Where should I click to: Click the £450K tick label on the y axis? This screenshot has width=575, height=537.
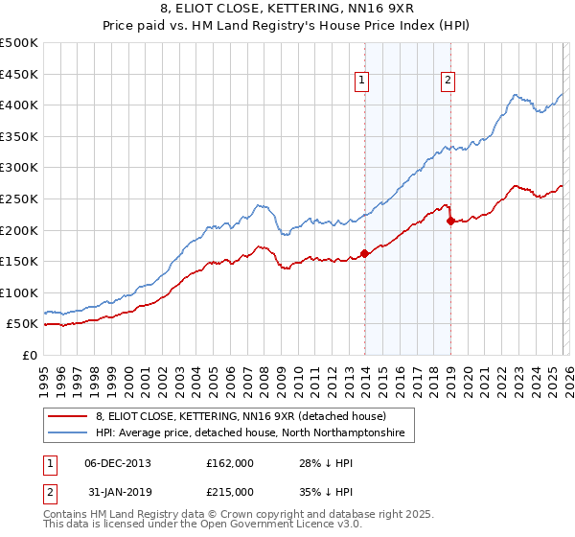19,74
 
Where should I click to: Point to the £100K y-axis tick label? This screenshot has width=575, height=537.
19,292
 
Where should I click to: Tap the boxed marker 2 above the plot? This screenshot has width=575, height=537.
448,82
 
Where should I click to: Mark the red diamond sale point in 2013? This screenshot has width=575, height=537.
364,254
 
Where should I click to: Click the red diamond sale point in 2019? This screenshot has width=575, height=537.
450,221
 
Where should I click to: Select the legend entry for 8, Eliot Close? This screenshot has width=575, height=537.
240,416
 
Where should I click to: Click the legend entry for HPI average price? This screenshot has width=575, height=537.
249,433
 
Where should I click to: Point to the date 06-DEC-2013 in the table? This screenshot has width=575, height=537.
111,463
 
